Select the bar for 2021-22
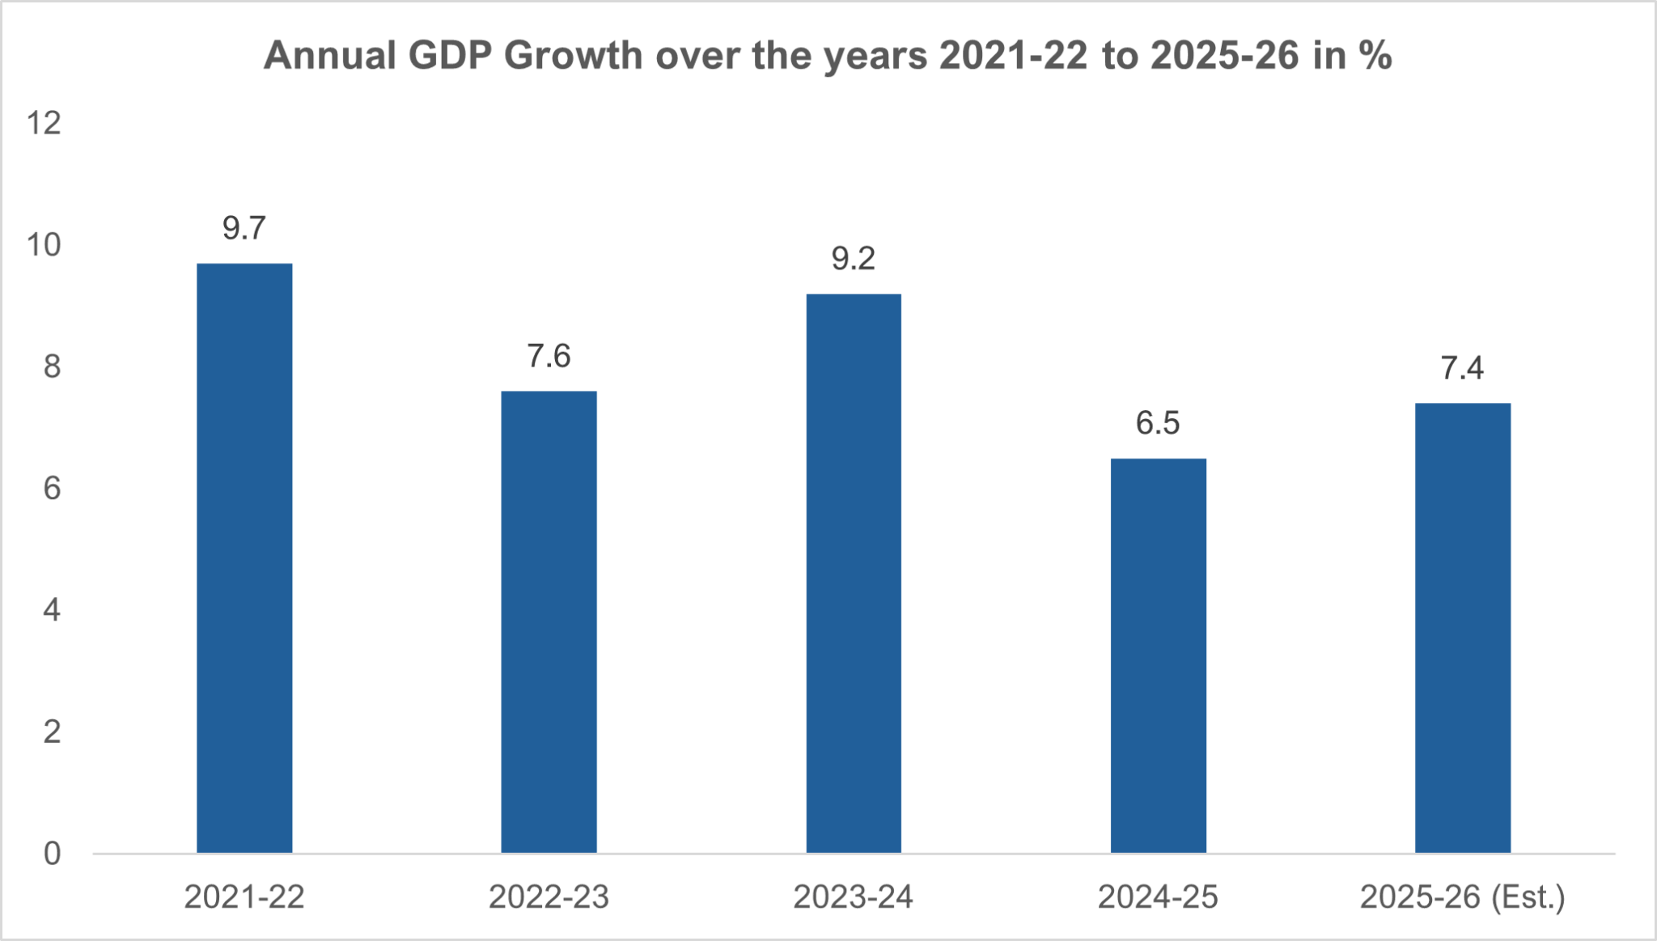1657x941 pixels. (x=244, y=558)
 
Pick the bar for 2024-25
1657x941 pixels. (x=1158, y=655)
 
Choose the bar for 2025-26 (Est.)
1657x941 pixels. (x=1462, y=628)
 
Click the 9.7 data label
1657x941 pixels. (x=244, y=229)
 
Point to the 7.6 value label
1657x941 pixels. (x=549, y=356)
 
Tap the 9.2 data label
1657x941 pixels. (x=854, y=259)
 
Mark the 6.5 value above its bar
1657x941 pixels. (x=1158, y=423)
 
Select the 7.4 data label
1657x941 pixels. (x=1462, y=368)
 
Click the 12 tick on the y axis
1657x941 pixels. (x=44, y=124)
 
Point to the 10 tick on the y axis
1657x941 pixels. (x=44, y=245)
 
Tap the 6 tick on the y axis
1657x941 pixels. (x=52, y=489)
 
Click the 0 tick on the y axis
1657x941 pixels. (x=52, y=854)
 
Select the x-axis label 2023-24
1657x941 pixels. (x=853, y=897)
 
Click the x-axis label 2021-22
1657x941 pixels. (x=244, y=897)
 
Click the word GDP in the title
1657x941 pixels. (x=450, y=56)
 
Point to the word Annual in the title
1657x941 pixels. (x=330, y=56)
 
